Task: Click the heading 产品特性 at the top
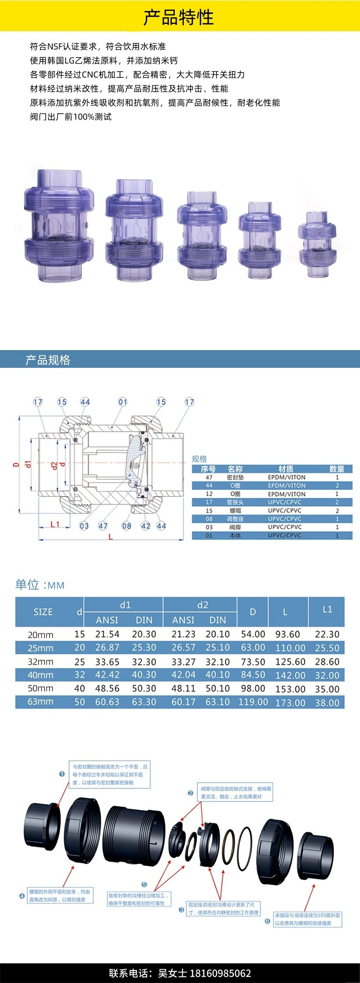coord(179,18)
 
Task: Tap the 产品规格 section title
coord(48,360)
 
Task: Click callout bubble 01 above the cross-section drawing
coord(123,402)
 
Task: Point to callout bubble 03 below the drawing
coord(84,526)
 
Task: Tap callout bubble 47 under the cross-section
coord(103,526)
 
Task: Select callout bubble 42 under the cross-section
coord(145,526)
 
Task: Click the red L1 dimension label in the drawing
coord(55,524)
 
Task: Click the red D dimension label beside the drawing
coord(16,465)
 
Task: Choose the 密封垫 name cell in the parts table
coord(235,477)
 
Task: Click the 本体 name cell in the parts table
coord(235,535)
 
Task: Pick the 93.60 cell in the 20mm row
coord(288,634)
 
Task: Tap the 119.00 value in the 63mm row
coord(253,702)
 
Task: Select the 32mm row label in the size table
coord(41,662)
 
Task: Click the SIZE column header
coord(43,612)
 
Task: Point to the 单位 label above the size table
coord(27,584)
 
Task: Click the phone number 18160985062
coord(221,973)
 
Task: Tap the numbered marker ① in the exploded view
coord(62,774)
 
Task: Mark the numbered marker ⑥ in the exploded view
coord(267,921)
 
